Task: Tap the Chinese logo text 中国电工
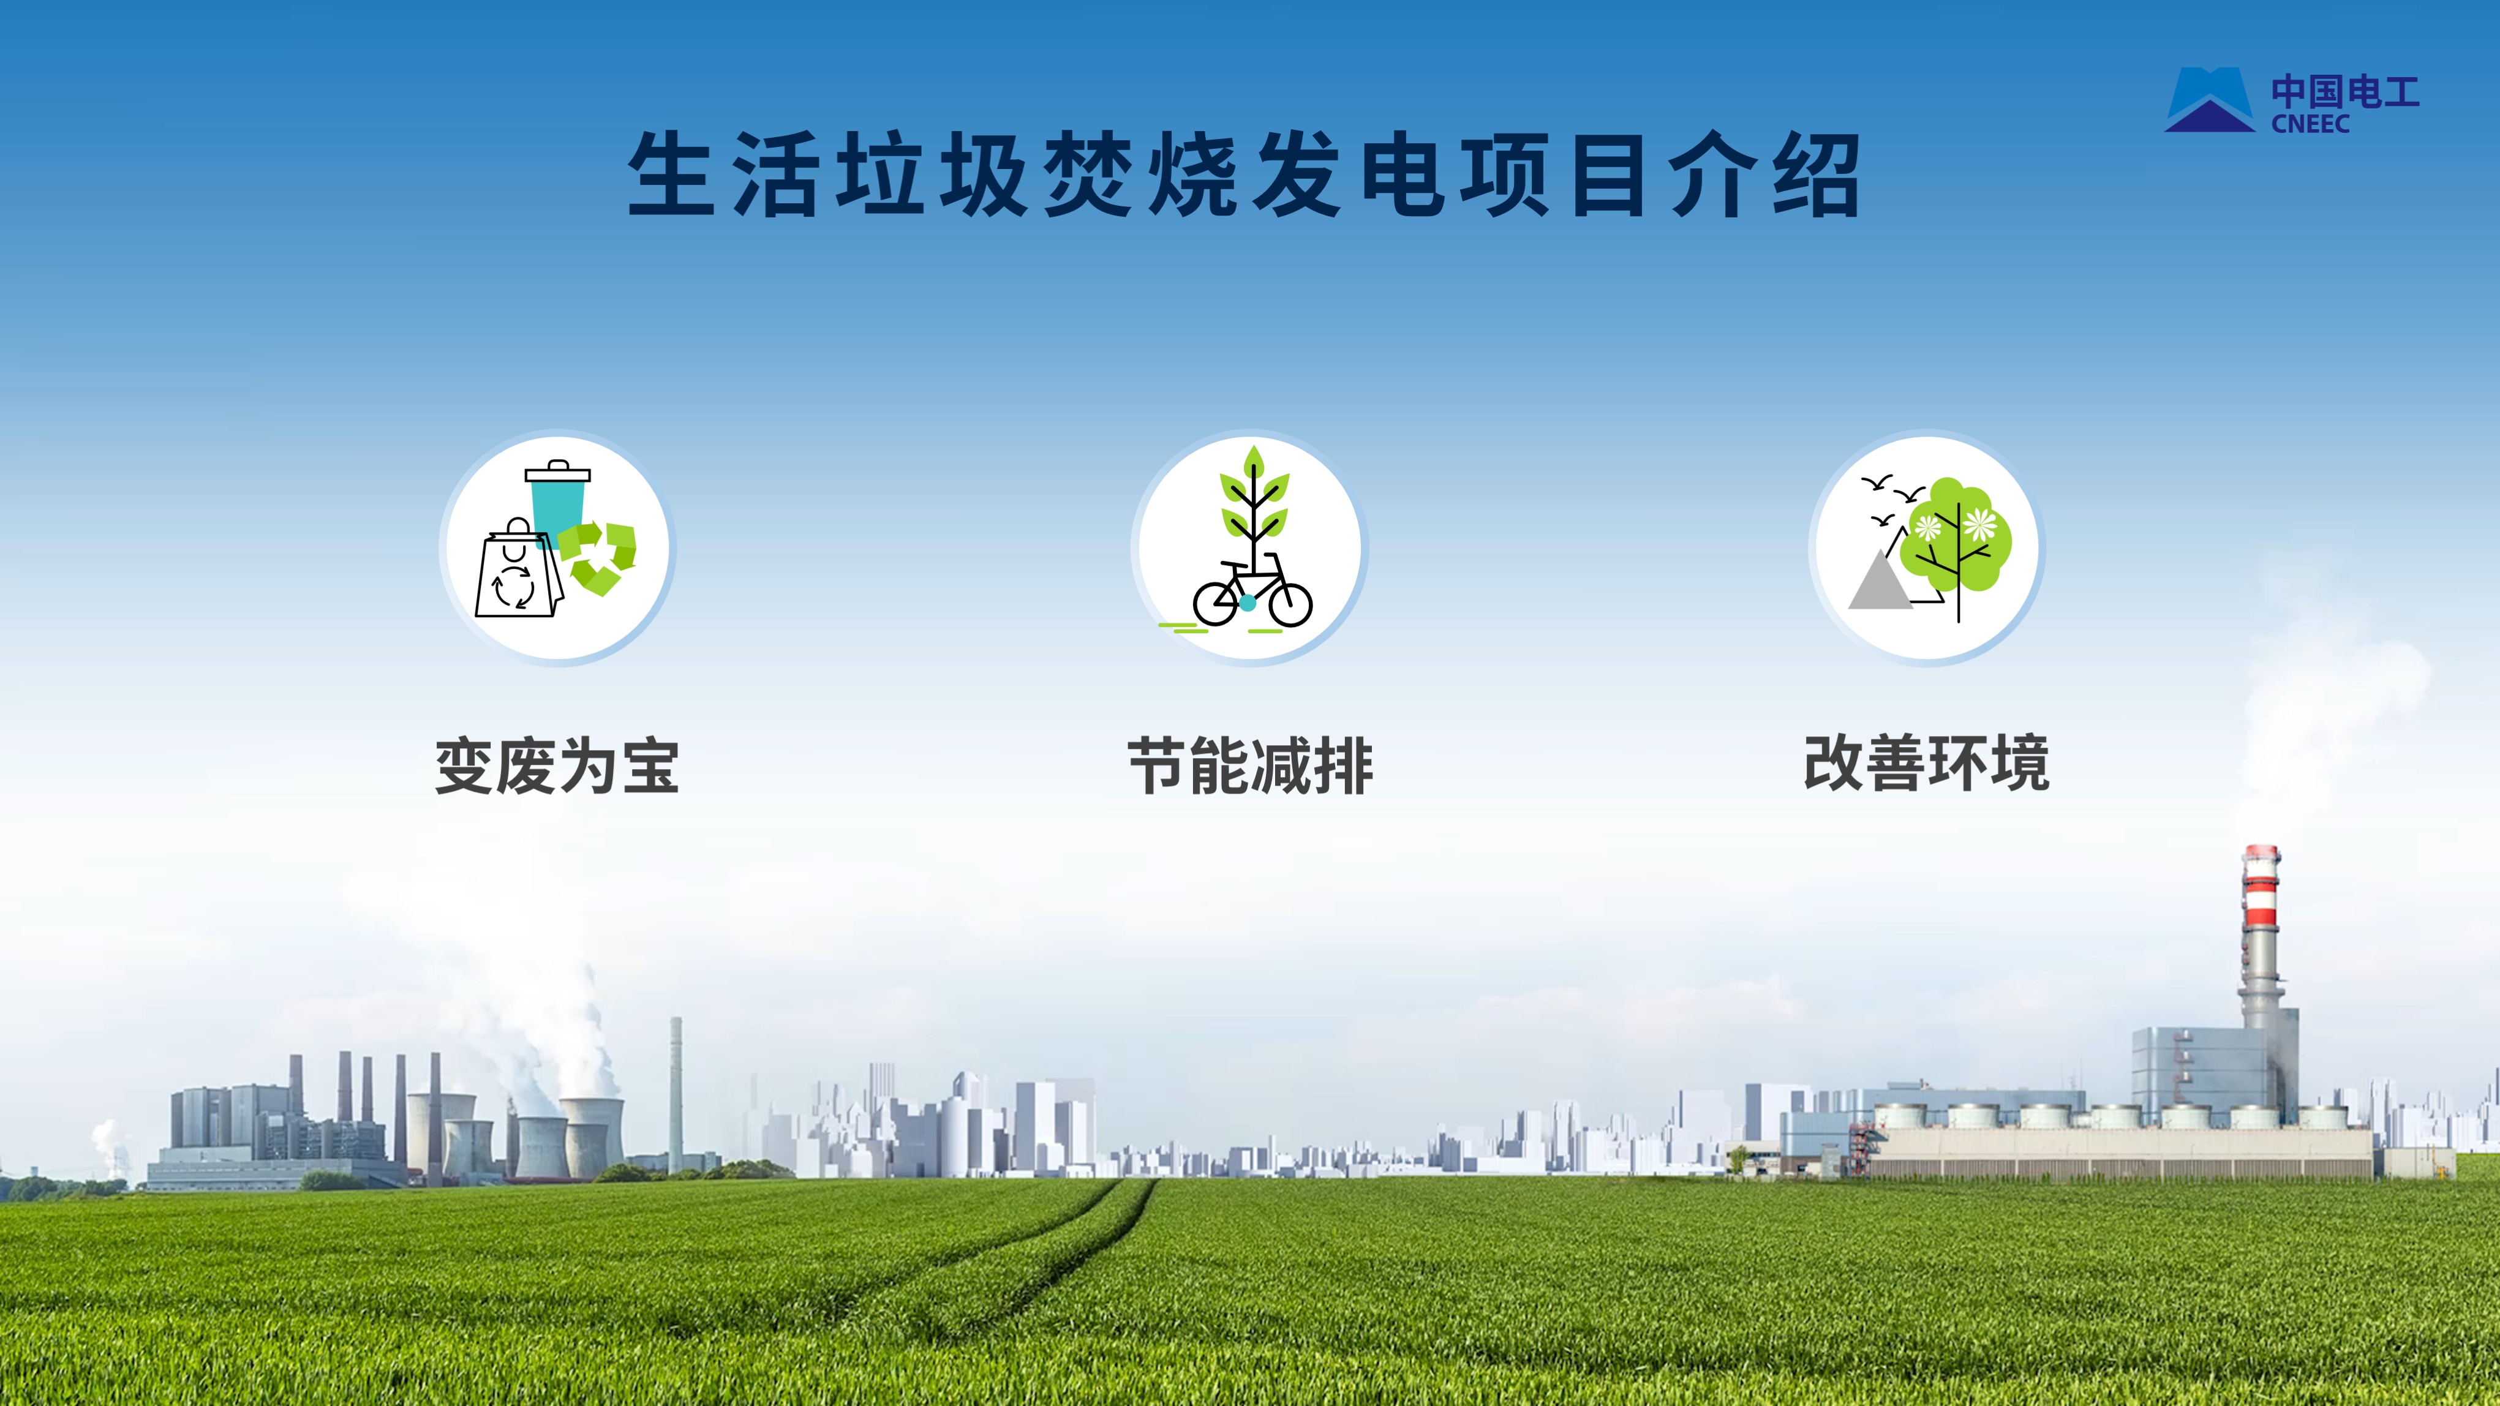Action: pyautogui.click(x=2344, y=92)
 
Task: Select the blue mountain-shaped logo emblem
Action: pyautogui.click(x=2210, y=99)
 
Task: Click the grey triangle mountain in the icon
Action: pyautogui.click(x=1879, y=581)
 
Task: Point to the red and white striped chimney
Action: pyautogui.click(x=2261, y=931)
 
